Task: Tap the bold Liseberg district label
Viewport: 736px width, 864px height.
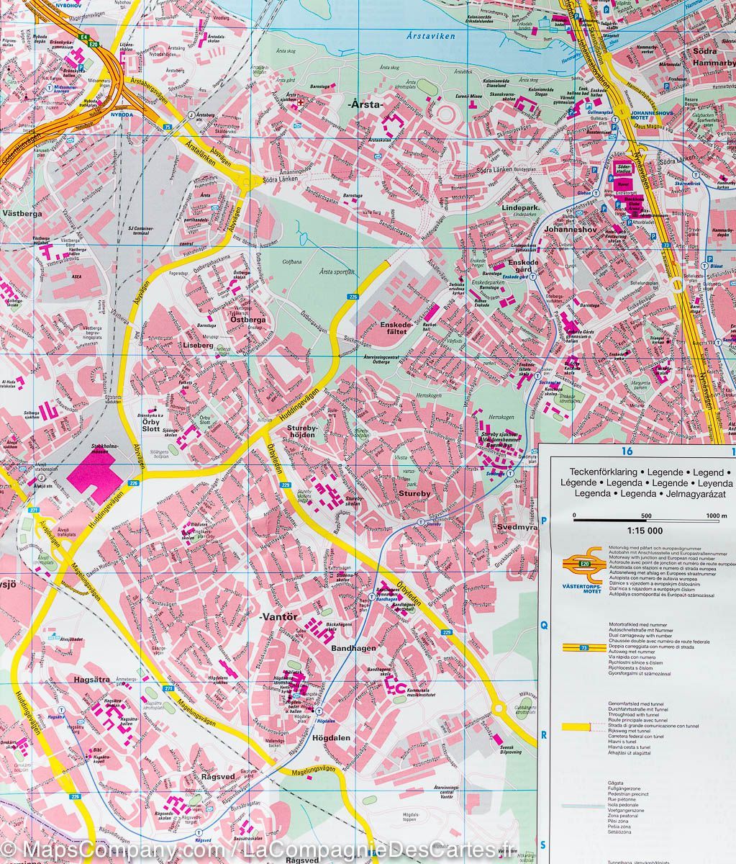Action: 198,346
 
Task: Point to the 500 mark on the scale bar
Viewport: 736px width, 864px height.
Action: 645,516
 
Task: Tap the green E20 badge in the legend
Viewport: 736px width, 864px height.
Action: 584,564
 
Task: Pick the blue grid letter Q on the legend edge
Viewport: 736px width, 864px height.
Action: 545,626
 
